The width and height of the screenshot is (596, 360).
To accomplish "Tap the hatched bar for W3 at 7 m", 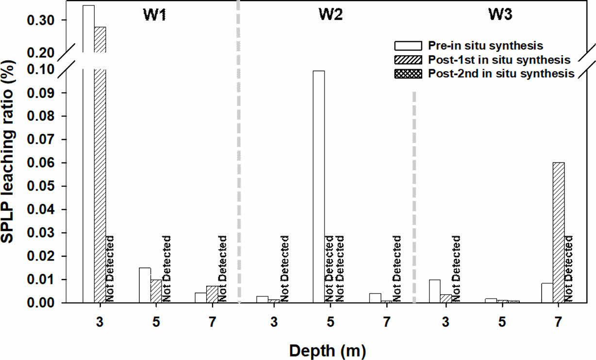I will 559,232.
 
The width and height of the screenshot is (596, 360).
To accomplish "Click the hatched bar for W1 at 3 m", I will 100,165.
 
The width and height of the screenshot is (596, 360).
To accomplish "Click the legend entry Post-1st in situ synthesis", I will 498,60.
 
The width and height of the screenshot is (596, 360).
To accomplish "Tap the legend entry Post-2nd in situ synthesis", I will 500,74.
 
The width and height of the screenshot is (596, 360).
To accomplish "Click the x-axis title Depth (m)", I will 328,349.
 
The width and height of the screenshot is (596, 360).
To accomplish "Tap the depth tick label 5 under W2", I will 330,321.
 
